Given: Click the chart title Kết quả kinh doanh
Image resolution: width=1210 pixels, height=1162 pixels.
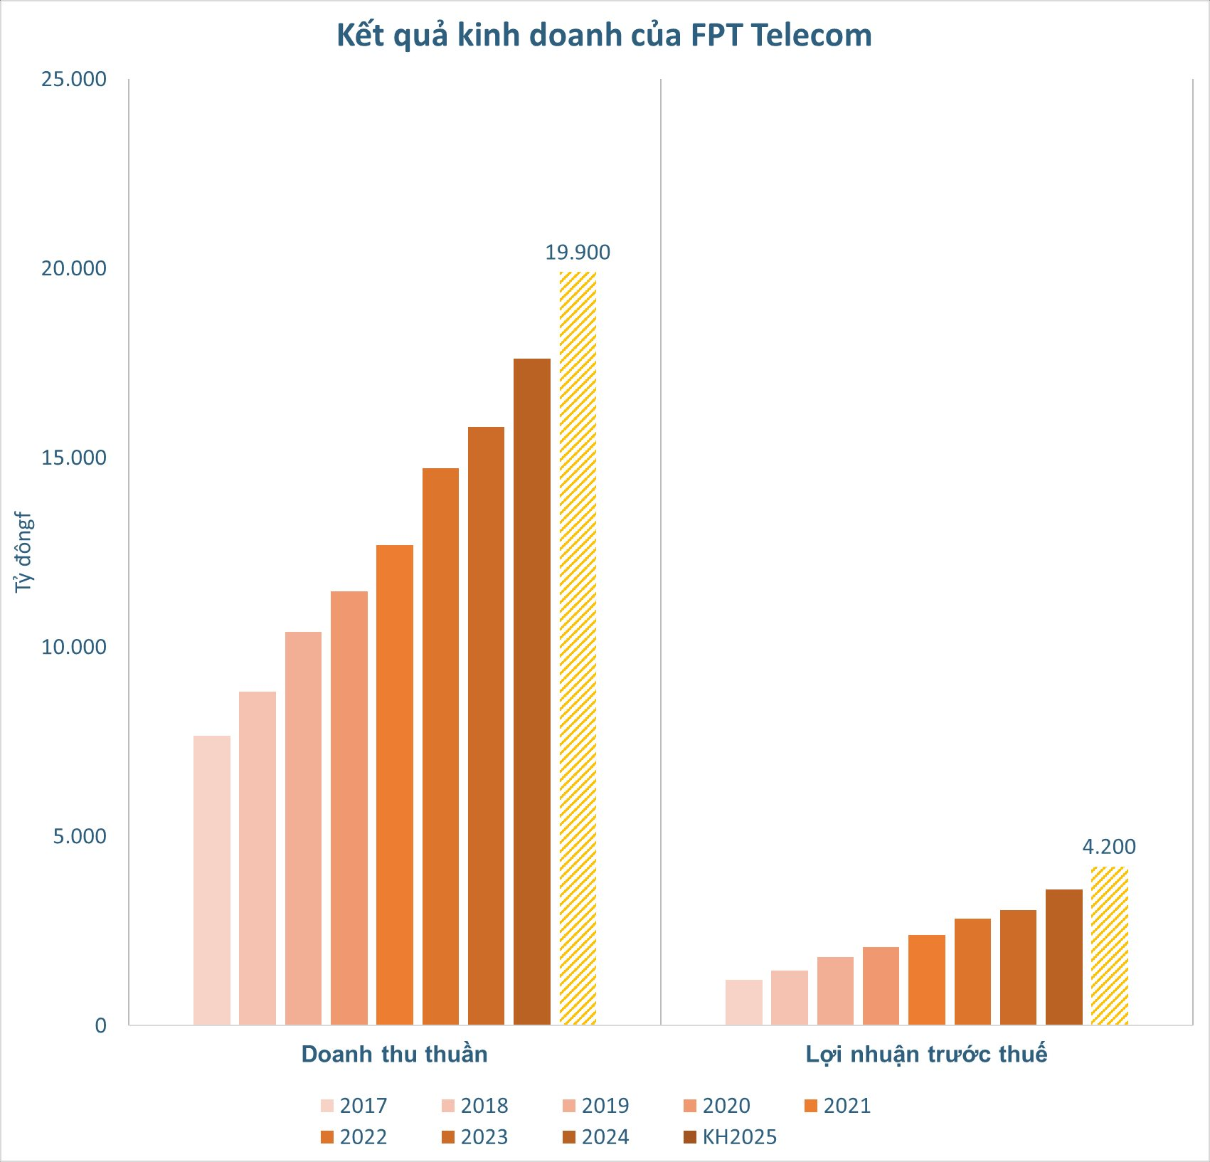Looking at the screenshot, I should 604,36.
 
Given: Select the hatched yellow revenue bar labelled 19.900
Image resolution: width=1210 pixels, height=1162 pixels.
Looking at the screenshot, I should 578,648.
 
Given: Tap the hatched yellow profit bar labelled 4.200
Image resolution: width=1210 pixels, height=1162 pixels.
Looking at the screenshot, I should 1109,946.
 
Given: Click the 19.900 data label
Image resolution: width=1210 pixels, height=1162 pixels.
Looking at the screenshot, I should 578,253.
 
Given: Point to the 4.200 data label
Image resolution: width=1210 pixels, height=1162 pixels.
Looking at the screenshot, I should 1109,847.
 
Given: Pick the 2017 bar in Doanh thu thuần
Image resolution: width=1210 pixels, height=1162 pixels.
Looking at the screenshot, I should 212,880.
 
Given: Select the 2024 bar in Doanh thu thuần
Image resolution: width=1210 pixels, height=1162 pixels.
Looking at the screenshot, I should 532,692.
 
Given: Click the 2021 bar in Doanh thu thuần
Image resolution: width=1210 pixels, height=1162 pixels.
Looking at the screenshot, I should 395,785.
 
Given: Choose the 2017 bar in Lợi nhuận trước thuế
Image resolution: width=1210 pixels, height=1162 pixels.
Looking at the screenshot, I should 743,1002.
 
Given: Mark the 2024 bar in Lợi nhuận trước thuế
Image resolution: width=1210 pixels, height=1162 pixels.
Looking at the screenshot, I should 1063,957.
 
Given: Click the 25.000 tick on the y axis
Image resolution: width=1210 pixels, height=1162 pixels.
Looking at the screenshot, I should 74,79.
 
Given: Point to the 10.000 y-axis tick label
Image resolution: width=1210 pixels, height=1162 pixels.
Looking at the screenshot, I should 74,647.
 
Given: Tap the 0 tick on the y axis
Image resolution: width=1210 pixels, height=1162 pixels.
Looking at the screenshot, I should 100,1025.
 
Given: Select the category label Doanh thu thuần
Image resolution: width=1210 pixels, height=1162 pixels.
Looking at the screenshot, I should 395,1054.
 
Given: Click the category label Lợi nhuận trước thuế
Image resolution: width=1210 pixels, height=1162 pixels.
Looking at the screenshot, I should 926,1054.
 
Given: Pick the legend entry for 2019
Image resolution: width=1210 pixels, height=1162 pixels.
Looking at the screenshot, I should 596,1106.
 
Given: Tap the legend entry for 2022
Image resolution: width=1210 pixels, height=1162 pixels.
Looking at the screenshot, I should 354,1137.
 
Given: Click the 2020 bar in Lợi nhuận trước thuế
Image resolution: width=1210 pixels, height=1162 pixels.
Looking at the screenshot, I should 881,986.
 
